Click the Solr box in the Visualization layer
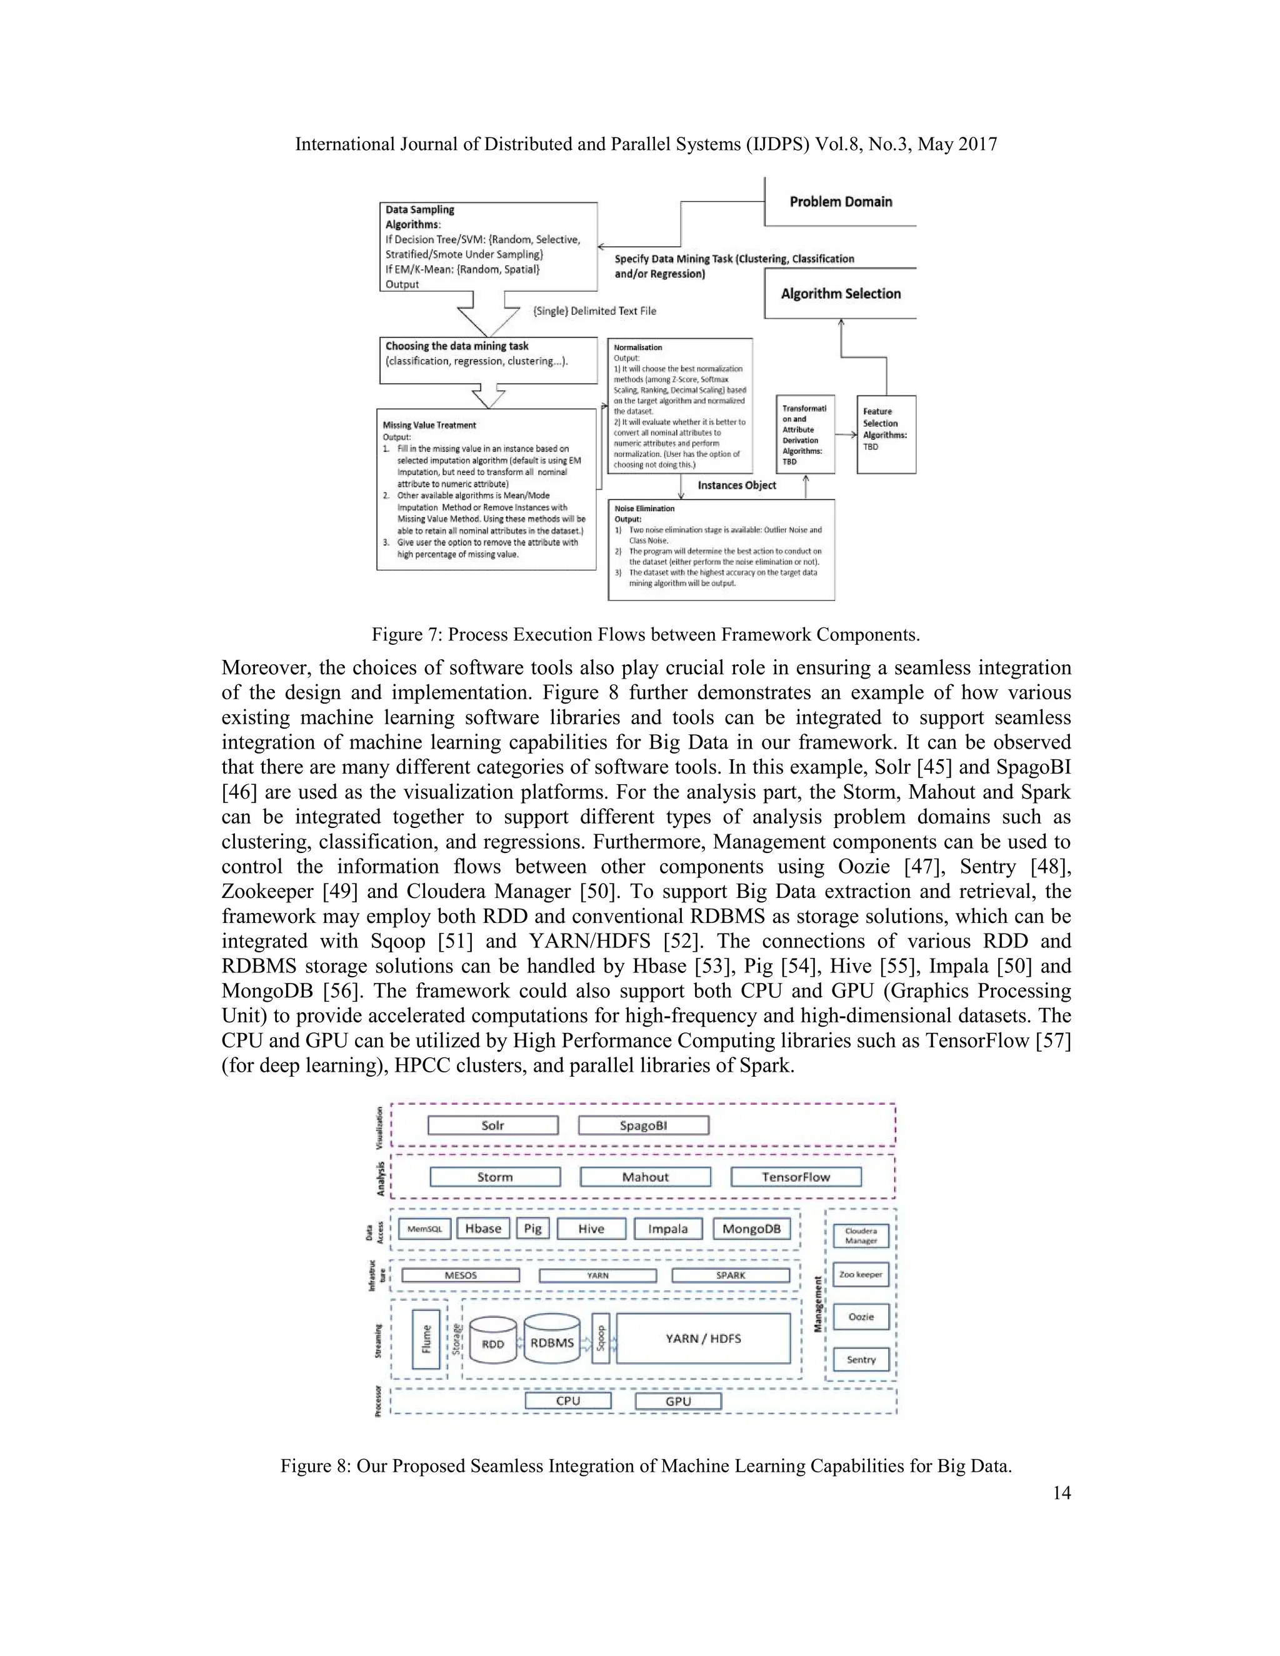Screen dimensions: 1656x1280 coord(493,1125)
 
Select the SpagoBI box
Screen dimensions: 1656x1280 coord(643,1125)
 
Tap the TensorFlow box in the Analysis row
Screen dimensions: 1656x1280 coord(796,1177)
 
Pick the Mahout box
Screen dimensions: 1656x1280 coord(645,1177)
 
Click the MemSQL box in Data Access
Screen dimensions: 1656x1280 coord(424,1229)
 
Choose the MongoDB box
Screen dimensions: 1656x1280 coord(751,1229)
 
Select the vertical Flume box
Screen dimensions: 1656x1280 coord(426,1339)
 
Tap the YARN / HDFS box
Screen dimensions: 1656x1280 coord(703,1339)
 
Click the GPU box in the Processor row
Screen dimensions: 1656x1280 coord(678,1401)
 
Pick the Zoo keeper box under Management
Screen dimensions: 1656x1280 coord(861,1275)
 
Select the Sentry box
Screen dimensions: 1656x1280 coord(861,1360)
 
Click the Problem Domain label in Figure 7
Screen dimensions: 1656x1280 coord(840,202)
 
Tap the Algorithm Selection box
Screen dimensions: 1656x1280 coord(840,294)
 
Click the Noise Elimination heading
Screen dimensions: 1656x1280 coord(644,509)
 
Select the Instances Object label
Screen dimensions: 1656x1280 coord(736,486)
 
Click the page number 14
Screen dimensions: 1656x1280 coord(1062,1492)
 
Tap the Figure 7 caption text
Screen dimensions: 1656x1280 coord(645,635)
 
